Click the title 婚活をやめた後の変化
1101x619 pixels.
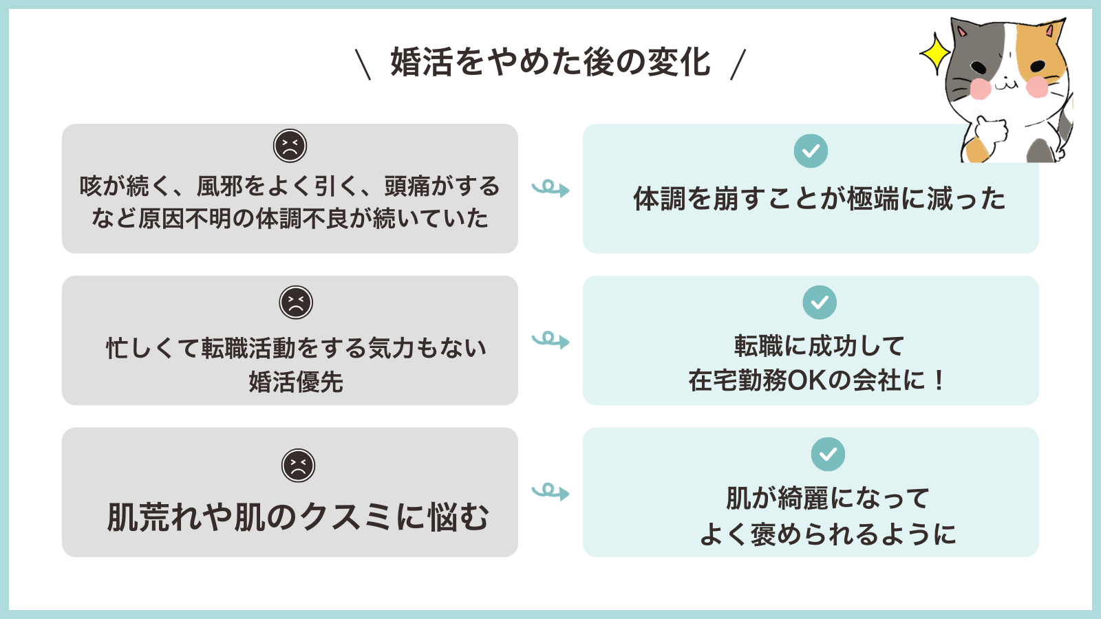(x=550, y=62)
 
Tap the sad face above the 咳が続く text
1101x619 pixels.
(x=290, y=146)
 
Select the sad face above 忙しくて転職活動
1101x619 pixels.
(x=296, y=303)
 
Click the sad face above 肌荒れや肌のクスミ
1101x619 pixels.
(x=298, y=466)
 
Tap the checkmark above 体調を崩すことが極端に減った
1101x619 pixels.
(x=811, y=151)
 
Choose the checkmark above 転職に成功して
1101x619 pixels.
(x=820, y=303)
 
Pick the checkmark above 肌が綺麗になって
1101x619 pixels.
(x=828, y=455)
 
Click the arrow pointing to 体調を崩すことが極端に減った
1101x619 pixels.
(x=550, y=188)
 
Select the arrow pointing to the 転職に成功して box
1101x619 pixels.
(x=550, y=340)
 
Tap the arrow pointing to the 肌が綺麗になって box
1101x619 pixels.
(x=550, y=492)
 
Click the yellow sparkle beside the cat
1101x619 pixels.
(x=935, y=53)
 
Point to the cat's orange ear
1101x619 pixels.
(x=1051, y=32)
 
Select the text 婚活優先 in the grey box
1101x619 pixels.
(x=296, y=382)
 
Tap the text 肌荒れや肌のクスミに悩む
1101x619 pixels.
(x=297, y=517)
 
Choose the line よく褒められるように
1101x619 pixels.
(x=828, y=534)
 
